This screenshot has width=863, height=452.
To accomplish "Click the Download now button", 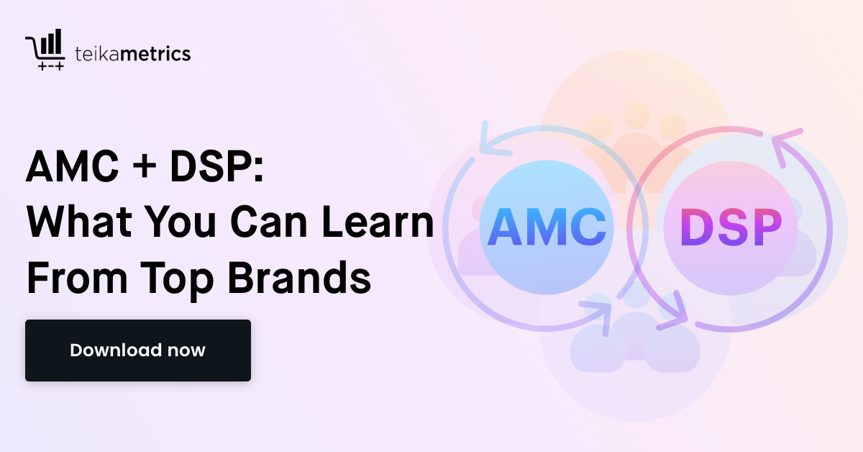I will click(137, 351).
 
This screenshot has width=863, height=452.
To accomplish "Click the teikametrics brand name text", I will click(133, 54).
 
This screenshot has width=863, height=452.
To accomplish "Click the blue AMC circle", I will click(546, 227).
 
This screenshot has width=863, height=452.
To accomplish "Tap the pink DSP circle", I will click(731, 227).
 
